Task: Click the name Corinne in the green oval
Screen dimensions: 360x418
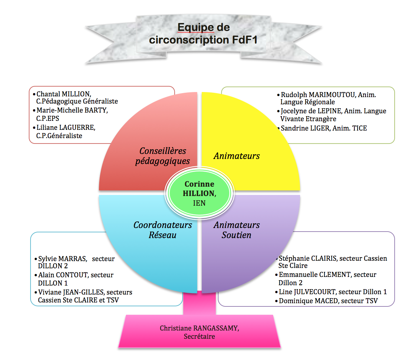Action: pos(199,184)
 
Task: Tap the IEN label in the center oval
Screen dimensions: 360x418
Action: pos(199,203)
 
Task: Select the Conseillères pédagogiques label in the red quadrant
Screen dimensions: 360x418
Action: pos(162,156)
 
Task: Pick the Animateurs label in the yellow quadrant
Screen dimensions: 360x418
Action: pos(236,156)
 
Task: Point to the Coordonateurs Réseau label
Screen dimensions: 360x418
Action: pos(162,230)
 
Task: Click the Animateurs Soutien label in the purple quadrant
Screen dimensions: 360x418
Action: pos(236,230)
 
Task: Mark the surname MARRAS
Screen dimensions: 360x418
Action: pos(72,259)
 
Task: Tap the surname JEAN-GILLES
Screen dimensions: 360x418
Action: pos(84,292)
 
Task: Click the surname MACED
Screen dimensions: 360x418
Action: pos(327,301)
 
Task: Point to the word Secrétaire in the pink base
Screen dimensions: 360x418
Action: pos(199,337)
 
